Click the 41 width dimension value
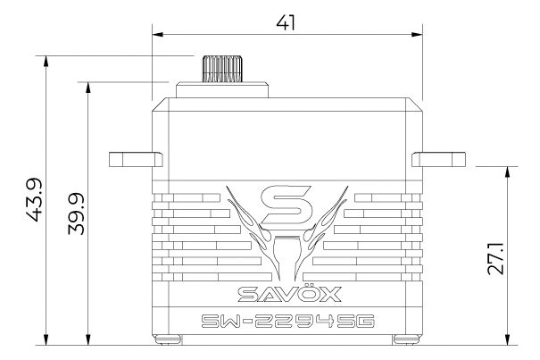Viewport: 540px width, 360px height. point(286,23)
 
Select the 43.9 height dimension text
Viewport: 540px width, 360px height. point(34,200)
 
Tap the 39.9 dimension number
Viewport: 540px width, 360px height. point(76,213)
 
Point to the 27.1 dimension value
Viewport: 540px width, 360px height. point(495,258)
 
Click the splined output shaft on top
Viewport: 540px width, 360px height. point(222,69)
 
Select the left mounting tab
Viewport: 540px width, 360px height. point(136,159)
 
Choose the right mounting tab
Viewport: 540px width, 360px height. point(439,159)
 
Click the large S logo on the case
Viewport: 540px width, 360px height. point(287,205)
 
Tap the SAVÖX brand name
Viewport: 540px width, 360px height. point(289,294)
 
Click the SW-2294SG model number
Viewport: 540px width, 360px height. point(287,322)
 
